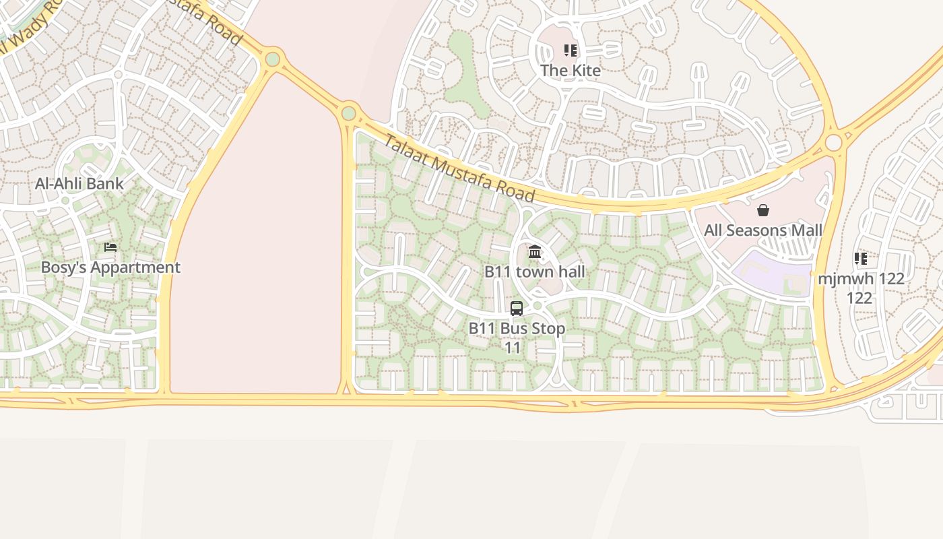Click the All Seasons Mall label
tap(763, 230)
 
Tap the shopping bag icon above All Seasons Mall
tap(763, 211)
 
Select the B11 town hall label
tap(535, 272)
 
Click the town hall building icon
tap(535, 252)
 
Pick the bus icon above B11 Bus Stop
tap(517, 309)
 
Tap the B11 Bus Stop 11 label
tap(517, 338)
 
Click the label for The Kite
tap(571, 70)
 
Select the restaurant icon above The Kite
tap(571, 51)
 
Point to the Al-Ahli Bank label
tap(79, 183)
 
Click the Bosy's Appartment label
tap(110, 267)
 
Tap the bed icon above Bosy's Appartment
tap(110, 248)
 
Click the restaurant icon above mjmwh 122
tap(860, 259)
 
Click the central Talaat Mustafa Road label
tap(459, 168)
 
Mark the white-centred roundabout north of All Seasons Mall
tap(833, 143)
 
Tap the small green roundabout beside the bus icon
tap(537, 306)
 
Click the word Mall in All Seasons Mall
tap(805, 230)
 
